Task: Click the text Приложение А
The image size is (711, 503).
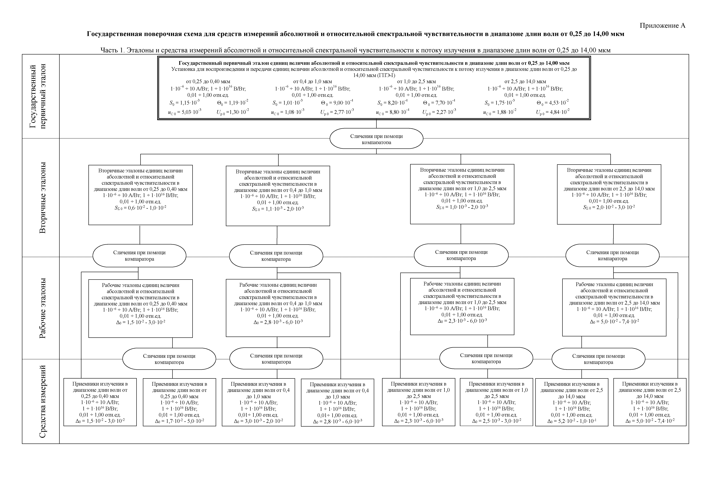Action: (662, 26)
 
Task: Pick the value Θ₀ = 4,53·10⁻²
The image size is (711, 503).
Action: (553, 103)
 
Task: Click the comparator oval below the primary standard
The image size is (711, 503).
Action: (376, 139)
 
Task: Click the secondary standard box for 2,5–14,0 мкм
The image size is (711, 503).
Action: (609, 194)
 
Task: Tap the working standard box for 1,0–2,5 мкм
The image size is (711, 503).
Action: (462, 306)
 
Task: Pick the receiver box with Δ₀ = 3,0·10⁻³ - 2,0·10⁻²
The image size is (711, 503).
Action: (258, 402)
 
